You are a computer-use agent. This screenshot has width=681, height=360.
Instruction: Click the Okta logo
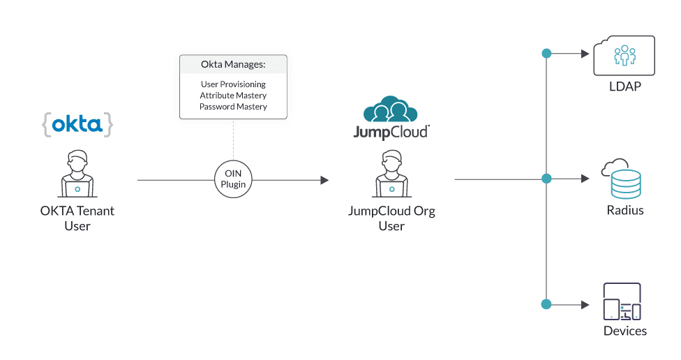pyautogui.click(x=77, y=125)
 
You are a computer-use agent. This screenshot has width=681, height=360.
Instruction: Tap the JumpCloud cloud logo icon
pyautogui.click(x=391, y=110)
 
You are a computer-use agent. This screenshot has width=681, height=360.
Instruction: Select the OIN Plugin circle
pyautogui.click(x=233, y=180)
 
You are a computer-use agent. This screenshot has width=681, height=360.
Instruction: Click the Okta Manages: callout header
pyautogui.click(x=233, y=66)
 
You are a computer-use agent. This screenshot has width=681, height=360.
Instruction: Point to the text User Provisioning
pyautogui.click(x=233, y=84)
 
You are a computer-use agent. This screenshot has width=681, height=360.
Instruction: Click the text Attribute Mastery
pyautogui.click(x=233, y=96)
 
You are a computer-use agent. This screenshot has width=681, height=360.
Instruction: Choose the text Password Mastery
pyautogui.click(x=233, y=107)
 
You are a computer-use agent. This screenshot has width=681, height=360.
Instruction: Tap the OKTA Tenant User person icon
pyautogui.click(x=77, y=173)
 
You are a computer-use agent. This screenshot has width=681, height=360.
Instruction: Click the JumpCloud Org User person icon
pyautogui.click(x=391, y=173)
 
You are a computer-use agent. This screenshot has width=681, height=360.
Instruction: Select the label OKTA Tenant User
pyautogui.click(x=77, y=218)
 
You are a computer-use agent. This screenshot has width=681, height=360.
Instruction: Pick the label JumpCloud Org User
pyautogui.click(x=391, y=218)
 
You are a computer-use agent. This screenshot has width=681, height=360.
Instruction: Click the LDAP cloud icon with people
pyautogui.click(x=624, y=57)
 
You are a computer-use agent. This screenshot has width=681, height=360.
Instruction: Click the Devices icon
pyautogui.click(x=621, y=301)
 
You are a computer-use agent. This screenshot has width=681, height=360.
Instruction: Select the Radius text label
pyautogui.click(x=624, y=210)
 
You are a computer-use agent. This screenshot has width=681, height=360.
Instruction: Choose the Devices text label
pyautogui.click(x=624, y=331)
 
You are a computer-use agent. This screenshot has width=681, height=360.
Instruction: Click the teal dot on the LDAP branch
pyautogui.click(x=546, y=53)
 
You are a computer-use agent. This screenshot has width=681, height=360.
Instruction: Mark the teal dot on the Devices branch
pyautogui.click(x=546, y=304)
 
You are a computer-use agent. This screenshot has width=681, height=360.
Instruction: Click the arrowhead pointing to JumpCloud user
pyautogui.click(x=324, y=180)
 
